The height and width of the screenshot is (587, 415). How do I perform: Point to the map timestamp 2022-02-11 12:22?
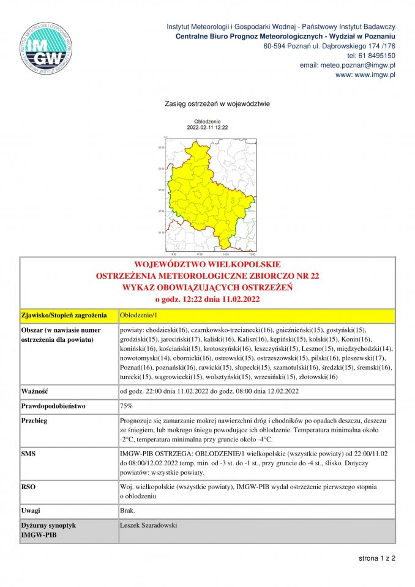point(207,127)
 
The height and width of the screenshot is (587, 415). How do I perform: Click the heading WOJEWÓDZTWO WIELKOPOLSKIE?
point(207,265)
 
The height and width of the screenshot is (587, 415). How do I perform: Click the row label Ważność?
point(35,390)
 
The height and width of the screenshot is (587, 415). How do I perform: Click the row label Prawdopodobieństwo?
point(53,405)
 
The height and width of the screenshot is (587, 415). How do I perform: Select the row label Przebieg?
point(34,421)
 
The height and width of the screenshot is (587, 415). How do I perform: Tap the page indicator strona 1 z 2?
point(377,558)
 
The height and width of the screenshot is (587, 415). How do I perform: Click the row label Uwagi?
point(31,509)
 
